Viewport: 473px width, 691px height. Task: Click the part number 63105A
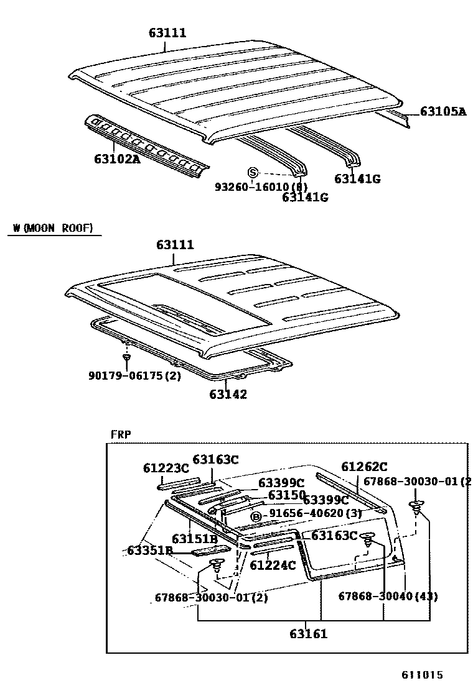point(443,112)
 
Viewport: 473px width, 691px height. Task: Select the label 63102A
point(117,158)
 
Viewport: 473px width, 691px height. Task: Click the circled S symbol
point(253,173)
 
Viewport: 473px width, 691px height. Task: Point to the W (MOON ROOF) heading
point(53,229)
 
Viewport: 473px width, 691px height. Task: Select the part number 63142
point(228,394)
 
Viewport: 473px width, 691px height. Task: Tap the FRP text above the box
point(121,434)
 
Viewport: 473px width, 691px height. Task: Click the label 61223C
point(165,468)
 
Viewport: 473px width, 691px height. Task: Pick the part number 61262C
point(364,467)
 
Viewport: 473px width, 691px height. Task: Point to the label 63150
point(286,495)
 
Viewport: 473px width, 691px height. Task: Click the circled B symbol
point(255,516)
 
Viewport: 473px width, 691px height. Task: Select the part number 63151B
point(194,538)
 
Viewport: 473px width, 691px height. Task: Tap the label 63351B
point(149,551)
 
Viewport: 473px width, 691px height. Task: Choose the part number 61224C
point(273,565)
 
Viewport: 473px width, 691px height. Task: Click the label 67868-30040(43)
point(388,596)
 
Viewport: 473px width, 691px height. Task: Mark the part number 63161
point(308,634)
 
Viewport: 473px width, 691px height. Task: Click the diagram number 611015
point(422,674)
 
